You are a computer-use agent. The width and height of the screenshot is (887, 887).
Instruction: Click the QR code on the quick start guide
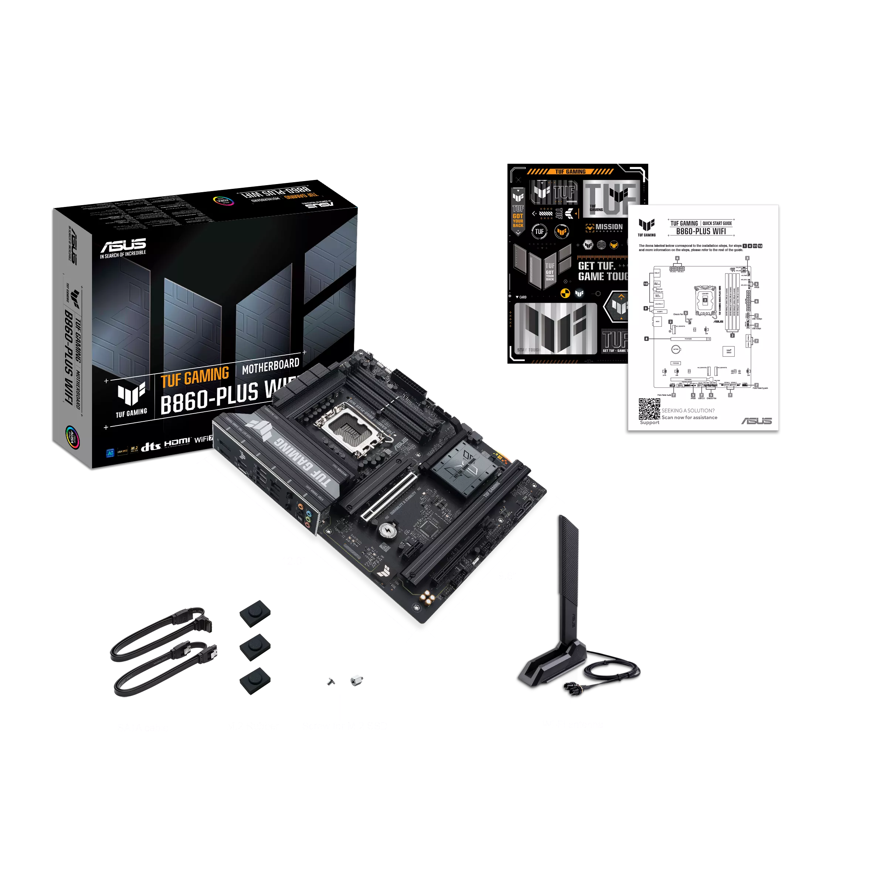[649, 409]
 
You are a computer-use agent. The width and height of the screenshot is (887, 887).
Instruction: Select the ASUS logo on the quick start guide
[756, 421]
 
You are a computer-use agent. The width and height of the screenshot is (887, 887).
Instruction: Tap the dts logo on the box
[150, 446]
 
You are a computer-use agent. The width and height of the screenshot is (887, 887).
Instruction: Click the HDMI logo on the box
[177, 442]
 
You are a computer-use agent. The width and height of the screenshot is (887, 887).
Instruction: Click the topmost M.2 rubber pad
[255, 613]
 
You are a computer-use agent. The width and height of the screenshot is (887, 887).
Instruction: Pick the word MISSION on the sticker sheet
[609, 227]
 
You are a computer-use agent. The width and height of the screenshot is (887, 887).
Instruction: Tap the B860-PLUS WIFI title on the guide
[701, 231]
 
